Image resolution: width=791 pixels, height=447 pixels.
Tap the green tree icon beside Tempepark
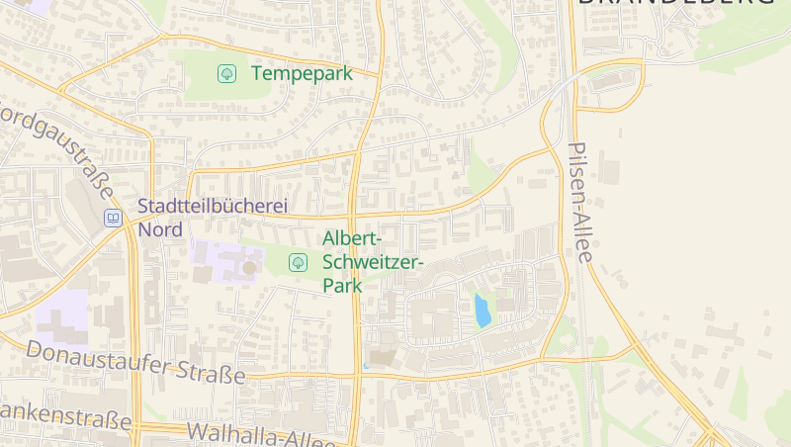pyautogui.click(x=226, y=73)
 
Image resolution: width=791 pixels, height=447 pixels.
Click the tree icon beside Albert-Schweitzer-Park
pyautogui.click(x=297, y=262)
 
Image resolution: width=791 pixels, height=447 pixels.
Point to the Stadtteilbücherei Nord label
pyautogui.click(x=212, y=218)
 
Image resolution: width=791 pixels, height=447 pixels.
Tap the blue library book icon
pyautogui.click(x=113, y=219)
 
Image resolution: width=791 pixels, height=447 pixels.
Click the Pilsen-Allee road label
pyautogui.click(x=579, y=203)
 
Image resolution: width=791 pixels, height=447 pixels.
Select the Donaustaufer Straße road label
pyautogui.click(x=135, y=363)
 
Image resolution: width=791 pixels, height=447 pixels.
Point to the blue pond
pyautogui.click(x=483, y=312)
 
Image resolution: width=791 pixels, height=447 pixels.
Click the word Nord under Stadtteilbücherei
pyautogui.click(x=160, y=229)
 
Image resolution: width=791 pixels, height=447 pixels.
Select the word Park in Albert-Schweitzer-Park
pyautogui.click(x=342, y=285)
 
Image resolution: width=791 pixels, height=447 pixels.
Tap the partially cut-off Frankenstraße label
pyautogui.click(x=65, y=415)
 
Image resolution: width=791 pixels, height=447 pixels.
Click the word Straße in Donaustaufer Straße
pyautogui.click(x=211, y=373)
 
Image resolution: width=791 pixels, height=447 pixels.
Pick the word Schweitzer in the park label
pyautogui.click(x=373, y=262)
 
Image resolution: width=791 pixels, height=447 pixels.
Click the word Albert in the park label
pyautogui.click(x=351, y=239)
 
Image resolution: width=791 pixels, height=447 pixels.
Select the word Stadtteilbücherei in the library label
pyautogui.click(x=212, y=207)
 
